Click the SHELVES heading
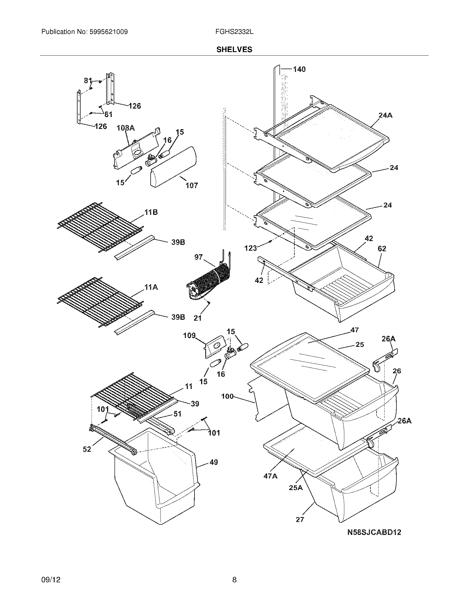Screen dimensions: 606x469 point(234,49)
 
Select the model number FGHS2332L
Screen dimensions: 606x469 point(234,32)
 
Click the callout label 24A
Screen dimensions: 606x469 point(385,115)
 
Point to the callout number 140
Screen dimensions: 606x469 point(299,69)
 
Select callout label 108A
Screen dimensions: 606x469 point(126,128)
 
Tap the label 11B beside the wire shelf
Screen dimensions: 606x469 point(151,213)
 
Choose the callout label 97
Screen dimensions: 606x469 point(198,257)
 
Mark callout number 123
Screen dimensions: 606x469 point(251,248)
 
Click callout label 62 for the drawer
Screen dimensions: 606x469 point(382,249)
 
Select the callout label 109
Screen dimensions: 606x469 point(189,336)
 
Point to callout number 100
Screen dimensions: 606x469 point(227,396)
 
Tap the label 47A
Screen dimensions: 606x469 point(270,476)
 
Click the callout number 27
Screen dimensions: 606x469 point(300,520)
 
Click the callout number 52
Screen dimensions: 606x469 point(87,449)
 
